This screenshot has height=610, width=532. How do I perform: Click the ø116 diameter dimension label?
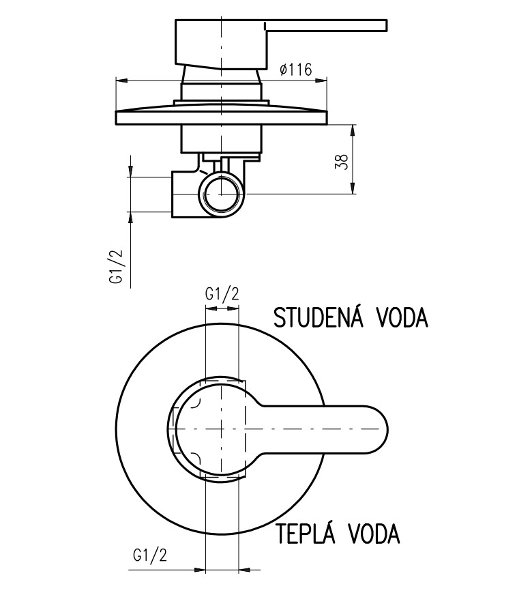point(295,69)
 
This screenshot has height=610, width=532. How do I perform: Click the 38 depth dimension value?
point(342,161)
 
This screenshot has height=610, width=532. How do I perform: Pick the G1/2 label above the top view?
point(222,295)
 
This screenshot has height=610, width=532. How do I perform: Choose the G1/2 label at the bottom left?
point(150,555)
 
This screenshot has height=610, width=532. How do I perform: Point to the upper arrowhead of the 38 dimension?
point(353,130)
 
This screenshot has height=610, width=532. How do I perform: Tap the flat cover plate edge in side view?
point(222,117)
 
